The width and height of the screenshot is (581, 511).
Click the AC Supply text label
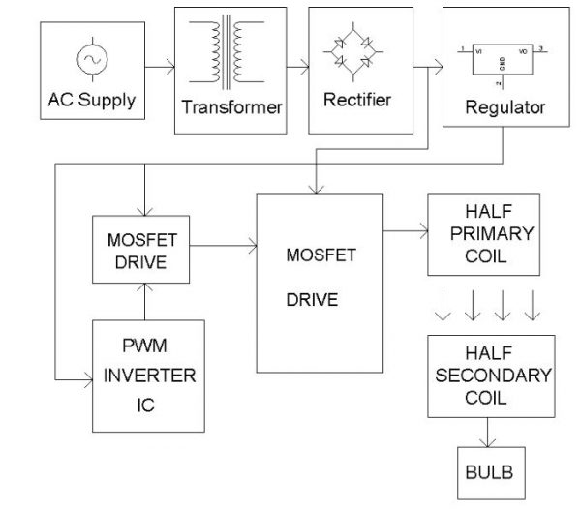(x=93, y=101)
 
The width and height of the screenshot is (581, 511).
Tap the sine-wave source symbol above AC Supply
(x=93, y=60)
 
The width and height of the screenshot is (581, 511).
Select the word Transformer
(x=232, y=106)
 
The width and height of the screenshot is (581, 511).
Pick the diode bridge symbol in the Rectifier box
(x=352, y=58)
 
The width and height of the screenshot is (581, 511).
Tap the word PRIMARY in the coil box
(x=491, y=237)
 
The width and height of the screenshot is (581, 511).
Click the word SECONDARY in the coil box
(x=491, y=376)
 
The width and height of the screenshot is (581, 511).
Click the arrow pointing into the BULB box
(x=491, y=433)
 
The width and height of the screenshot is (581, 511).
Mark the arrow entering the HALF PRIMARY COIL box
(x=405, y=231)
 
